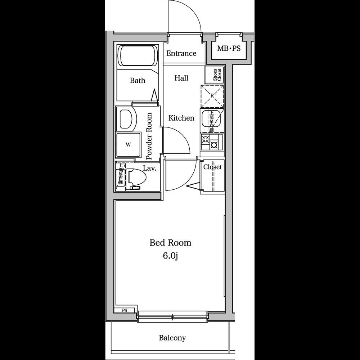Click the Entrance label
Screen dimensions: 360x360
pos(181,53)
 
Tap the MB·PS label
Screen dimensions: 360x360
pos(229,48)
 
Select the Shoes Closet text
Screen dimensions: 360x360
pos(215,75)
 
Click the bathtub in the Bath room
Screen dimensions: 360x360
pos(138,55)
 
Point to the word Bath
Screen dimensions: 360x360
pos(138,81)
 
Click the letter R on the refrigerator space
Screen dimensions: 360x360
pos(212,96)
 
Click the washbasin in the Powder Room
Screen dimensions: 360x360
pos(126,118)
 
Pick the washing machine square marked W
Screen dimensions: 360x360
pos(128,145)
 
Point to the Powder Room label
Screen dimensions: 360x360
pos(149,136)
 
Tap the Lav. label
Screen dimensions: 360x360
pos(149,168)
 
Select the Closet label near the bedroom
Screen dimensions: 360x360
pos(212,167)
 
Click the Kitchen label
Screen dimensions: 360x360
pos(181,118)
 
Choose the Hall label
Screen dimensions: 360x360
pos(181,78)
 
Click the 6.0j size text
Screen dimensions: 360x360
pos(170,256)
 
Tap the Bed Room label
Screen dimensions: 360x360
pos(170,243)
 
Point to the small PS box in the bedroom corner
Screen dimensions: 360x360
pos(125,310)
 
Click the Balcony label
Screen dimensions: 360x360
pos(172,338)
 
